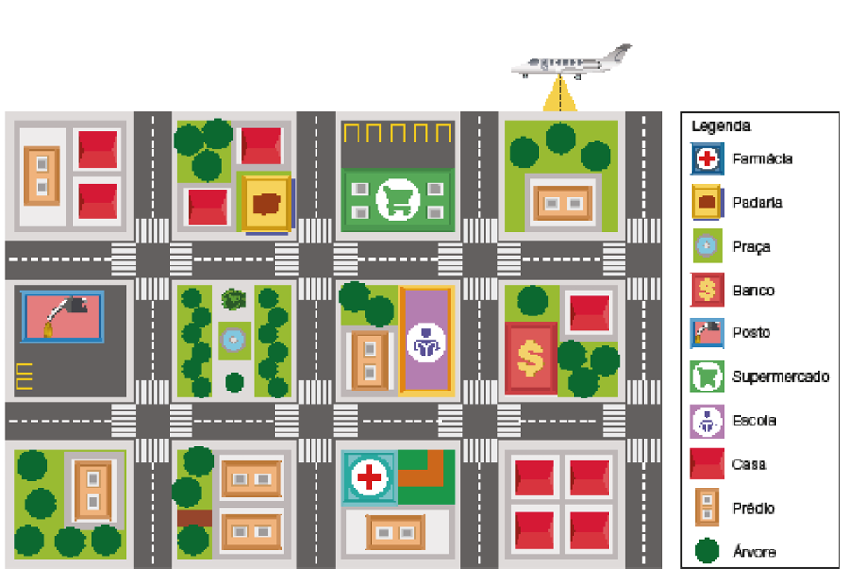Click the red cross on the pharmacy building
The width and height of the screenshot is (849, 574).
370,477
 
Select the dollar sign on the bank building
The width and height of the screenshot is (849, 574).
530,357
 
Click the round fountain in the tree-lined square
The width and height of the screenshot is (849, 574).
233,338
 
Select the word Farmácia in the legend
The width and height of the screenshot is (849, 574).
762,159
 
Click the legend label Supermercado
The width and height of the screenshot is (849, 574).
780,377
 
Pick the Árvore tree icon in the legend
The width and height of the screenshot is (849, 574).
706,551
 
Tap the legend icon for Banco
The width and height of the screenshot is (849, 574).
706,290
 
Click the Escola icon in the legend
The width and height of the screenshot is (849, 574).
706,421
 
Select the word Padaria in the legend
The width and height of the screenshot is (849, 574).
757,203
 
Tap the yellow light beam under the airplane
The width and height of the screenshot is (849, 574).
560,97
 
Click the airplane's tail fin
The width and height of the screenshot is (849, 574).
622,52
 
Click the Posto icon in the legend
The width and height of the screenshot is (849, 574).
706,334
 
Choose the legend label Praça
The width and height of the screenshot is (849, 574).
751,247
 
